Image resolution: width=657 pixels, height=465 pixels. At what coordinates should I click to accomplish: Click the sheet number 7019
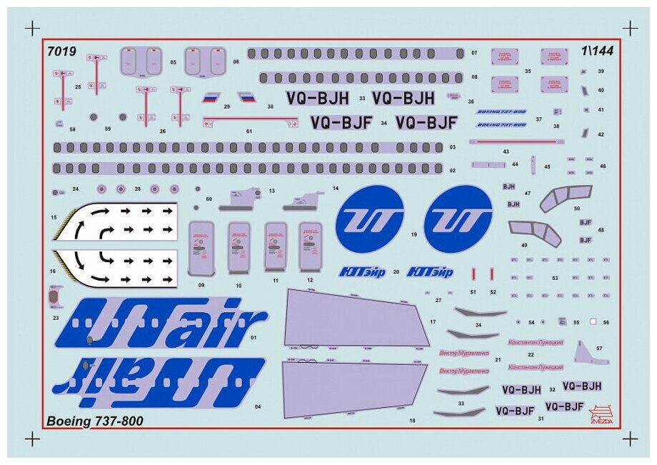[x=61, y=51]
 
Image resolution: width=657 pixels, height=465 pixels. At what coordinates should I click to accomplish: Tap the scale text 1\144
[x=597, y=51]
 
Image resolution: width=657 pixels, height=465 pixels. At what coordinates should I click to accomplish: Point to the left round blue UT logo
[x=369, y=218]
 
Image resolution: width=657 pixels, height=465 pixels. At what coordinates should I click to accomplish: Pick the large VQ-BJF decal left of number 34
[x=341, y=123]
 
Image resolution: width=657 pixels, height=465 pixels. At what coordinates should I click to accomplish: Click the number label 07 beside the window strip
[x=474, y=54]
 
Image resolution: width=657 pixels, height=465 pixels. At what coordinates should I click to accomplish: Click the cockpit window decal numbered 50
[x=566, y=197]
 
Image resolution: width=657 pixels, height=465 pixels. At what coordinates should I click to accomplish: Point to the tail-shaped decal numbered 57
[x=587, y=353]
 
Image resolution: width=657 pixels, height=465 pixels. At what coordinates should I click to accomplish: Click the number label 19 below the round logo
[x=413, y=234]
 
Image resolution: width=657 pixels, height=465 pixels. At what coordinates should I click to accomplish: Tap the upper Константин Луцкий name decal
[x=536, y=343]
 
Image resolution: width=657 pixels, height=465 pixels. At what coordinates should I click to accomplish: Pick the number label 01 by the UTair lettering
[x=254, y=336]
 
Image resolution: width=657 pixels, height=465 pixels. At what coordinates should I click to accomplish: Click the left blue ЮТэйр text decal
[x=360, y=271]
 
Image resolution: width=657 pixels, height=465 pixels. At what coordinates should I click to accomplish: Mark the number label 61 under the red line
[x=249, y=131]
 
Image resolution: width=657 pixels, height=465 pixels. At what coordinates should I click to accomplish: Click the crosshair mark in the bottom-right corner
[x=630, y=438]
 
